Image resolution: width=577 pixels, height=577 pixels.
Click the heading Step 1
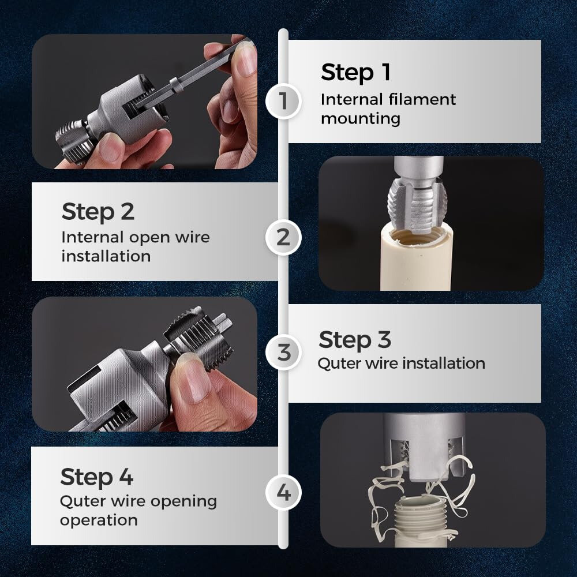(x=355, y=73)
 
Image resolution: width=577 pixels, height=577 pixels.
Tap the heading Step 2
(x=98, y=212)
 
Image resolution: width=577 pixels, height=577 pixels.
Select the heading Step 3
(x=354, y=340)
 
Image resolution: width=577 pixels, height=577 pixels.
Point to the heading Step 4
(x=96, y=478)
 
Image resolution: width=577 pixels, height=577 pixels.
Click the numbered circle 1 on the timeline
(x=283, y=101)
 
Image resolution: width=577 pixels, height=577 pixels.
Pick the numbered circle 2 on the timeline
(x=283, y=237)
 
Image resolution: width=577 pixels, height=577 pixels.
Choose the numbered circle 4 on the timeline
(x=283, y=493)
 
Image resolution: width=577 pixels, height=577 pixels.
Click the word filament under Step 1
(x=422, y=99)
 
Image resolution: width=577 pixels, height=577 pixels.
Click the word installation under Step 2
(x=106, y=256)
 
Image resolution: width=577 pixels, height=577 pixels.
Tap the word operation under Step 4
(x=99, y=520)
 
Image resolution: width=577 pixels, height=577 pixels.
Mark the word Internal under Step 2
(x=92, y=237)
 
